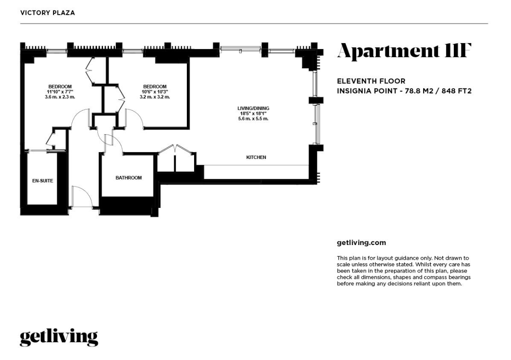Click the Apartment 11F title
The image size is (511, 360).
pyautogui.click(x=404, y=51)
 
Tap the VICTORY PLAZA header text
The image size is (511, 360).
pyautogui.click(x=48, y=13)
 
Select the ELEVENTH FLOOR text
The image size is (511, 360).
pyautogui.click(x=371, y=81)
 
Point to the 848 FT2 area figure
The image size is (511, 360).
pyautogui.click(x=456, y=91)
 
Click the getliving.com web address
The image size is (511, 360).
pyautogui.click(x=361, y=243)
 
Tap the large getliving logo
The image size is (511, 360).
pyautogui.click(x=59, y=338)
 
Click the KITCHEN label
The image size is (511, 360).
pyautogui.click(x=256, y=157)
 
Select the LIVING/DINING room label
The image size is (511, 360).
pyautogui.click(x=253, y=108)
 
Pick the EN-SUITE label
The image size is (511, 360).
pyautogui.click(x=43, y=180)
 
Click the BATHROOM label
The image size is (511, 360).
pyautogui.click(x=128, y=178)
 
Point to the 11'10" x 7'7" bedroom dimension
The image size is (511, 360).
pyautogui.click(x=60, y=92)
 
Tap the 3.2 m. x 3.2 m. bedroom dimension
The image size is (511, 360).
pyautogui.click(x=155, y=97)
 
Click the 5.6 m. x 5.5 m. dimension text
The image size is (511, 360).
pyautogui.click(x=253, y=119)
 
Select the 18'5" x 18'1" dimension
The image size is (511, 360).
pyautogui.click(x=253, y=114)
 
